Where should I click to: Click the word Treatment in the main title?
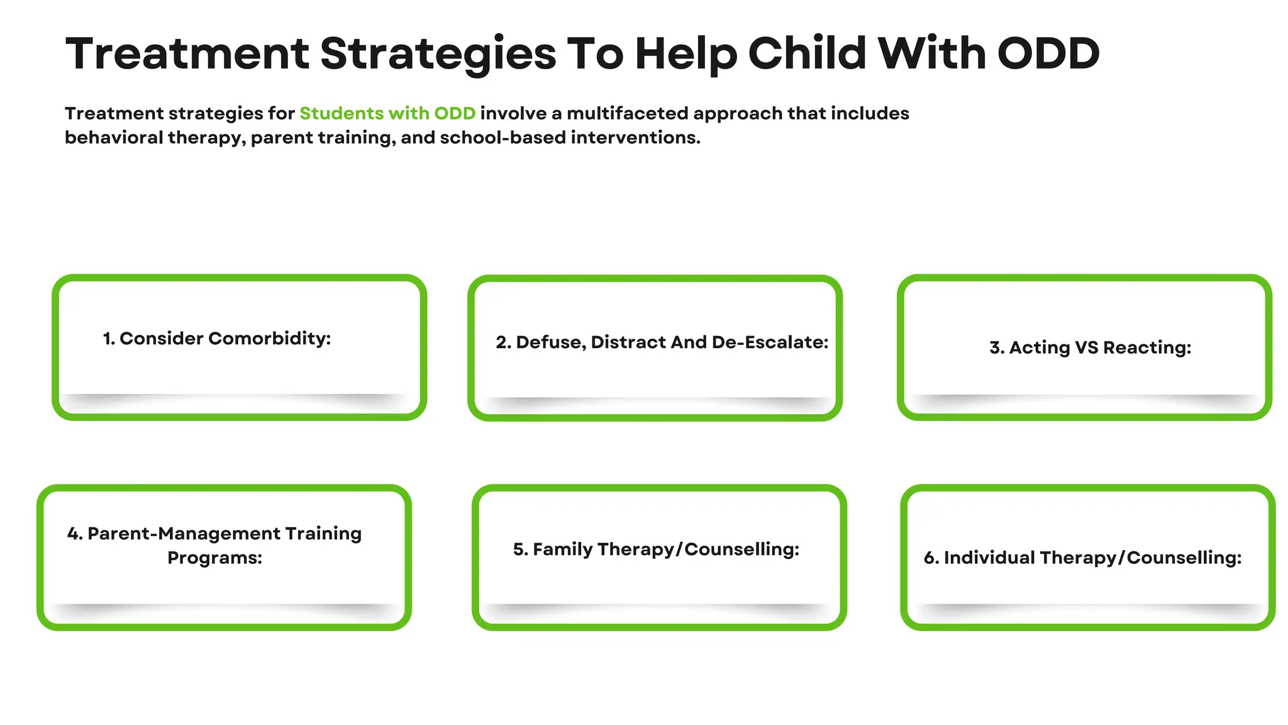(187, 53)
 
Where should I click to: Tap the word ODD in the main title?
(1048, 53)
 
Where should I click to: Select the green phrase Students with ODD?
(387, 113)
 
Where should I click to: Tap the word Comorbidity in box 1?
(269, 339)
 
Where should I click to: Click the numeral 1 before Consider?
(108, 339)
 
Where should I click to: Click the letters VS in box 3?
(1086, 347)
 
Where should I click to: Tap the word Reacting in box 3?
(1147, 347)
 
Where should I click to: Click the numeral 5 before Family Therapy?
(519, 549)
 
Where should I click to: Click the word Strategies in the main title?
(438, 53)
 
